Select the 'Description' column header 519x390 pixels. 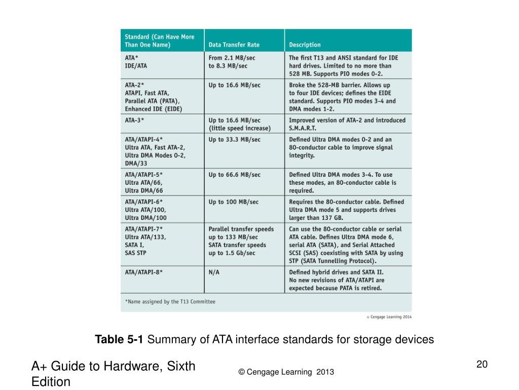[305, 45]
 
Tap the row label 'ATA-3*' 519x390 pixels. [134, 120]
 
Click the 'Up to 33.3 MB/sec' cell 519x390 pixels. [234, 140]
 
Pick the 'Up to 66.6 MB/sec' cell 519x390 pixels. [234, 175]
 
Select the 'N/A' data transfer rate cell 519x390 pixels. [214, 272]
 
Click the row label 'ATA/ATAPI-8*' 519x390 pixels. [144, 272]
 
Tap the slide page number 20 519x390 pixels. [481, 364]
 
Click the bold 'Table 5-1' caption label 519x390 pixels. [120, 340]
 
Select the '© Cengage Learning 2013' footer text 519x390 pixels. [286, 372]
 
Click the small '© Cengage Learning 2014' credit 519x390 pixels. [389, 317]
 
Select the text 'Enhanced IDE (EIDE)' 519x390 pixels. [153, 109]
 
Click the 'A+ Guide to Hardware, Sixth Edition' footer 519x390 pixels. [114, 373]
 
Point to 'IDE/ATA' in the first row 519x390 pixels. [136, 66]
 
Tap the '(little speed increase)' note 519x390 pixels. [239, 128]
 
